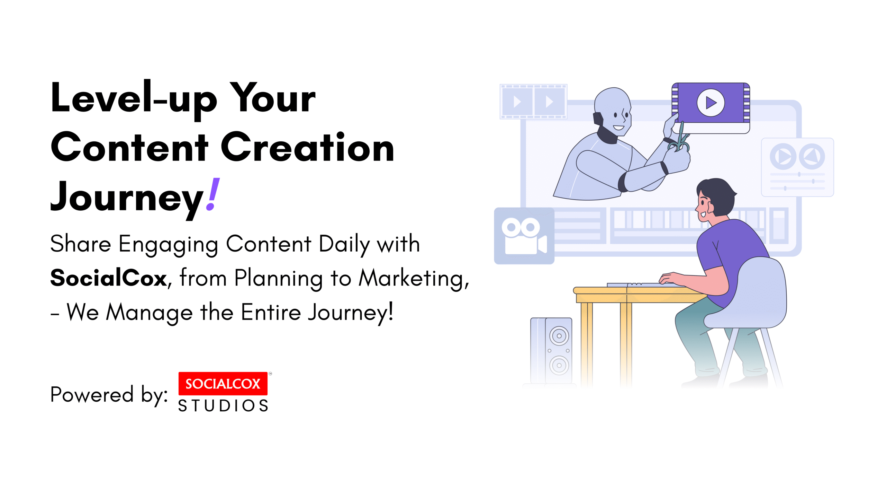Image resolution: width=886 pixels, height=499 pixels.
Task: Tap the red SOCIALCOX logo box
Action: [223, 384]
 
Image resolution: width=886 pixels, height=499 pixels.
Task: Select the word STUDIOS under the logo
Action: [223, 406]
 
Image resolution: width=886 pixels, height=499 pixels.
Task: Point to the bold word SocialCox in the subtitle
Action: [108, 278]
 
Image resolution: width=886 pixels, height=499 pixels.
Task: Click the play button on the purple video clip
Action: [711, 103]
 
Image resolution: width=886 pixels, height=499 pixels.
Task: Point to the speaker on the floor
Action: [551, 351]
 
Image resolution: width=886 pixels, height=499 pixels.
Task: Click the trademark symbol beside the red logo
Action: [270, 374]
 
